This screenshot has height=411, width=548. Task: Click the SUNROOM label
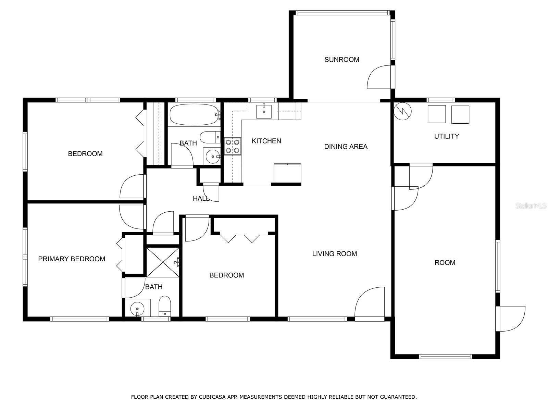[342, 60]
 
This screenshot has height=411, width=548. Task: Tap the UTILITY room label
[447, 136]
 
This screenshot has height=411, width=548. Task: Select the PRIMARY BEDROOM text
[72, 259]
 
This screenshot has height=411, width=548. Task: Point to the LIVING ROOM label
[335, 254]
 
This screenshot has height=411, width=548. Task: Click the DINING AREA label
[346, 147]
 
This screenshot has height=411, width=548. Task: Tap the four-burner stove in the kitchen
[233, 147]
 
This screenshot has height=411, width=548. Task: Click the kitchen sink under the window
[264, 112]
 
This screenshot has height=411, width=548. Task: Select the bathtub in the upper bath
[195, 114]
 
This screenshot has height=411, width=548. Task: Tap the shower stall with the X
[163, 262]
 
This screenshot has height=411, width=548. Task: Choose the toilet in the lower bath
[165, 306]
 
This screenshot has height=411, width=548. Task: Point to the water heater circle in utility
[402, 111]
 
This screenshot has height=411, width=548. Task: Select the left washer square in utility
[437, 114]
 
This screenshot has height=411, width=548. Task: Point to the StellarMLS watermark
[531, 206]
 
